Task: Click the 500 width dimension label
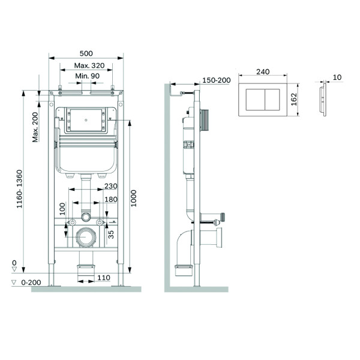click(86, 53)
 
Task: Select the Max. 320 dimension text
click(89, 65)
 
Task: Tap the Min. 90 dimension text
click(88, 76)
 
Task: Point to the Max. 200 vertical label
click(35, 127)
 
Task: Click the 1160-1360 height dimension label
click(20, 189)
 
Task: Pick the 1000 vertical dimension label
click(133, 198)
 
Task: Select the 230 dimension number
click(111, 186)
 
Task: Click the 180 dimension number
click(111, 199)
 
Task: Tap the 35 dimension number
click(111, 235)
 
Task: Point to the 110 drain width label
click(104, 278)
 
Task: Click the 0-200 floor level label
click(31, 283)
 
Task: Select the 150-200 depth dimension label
click(216, 80)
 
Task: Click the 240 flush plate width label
click(263, 72)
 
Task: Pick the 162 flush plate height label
click(294, 100)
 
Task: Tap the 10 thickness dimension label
click(337, 77)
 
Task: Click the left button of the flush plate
click(256, 100)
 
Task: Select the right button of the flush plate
click(272, 100)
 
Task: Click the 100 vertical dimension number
click(62, 209)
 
